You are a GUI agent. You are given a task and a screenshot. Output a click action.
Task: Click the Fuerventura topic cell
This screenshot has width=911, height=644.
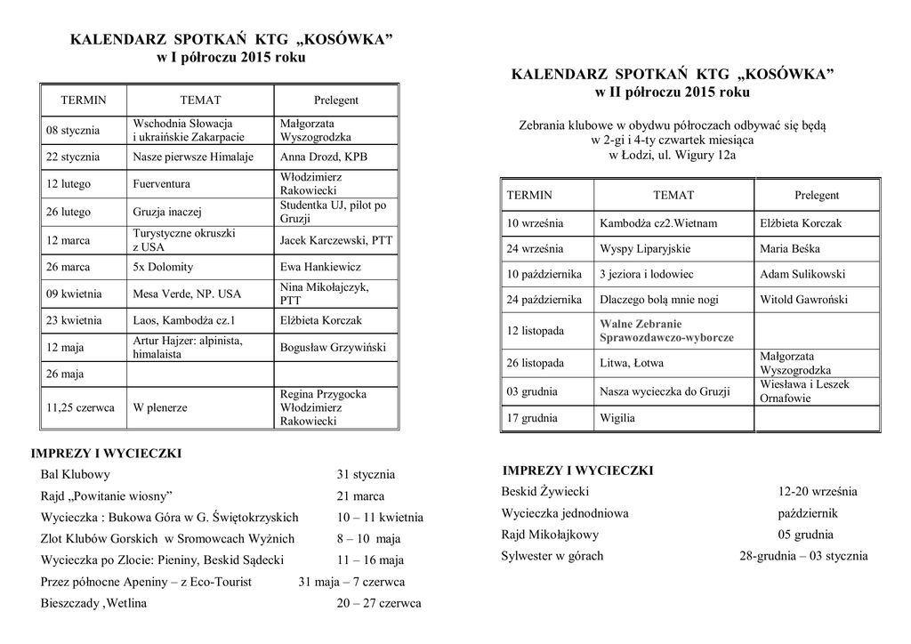[162, 184]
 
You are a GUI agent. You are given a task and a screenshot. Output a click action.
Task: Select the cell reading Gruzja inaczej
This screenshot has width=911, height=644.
[168, 213]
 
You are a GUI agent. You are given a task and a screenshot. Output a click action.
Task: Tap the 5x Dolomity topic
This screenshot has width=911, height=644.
[163, 267]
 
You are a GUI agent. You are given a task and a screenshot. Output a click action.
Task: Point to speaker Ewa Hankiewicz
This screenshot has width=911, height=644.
[320, 267]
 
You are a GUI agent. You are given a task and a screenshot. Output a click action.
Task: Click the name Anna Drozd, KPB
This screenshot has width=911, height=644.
[323, 157]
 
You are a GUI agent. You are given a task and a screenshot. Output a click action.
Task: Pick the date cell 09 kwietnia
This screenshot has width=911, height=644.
[74, 294]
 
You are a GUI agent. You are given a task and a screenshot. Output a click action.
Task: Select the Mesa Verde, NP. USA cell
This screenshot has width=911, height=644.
[187, 294]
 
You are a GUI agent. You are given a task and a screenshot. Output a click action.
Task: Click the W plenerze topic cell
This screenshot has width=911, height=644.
[160, 408]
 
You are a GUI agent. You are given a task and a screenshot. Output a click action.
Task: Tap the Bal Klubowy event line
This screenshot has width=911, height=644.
[76, 474]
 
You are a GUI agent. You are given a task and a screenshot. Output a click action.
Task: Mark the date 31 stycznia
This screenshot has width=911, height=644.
[366, 474]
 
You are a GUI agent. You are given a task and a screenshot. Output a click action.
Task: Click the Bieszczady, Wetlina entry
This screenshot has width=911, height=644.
[94, 602]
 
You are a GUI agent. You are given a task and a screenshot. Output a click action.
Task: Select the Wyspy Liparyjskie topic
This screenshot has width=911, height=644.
[645, 249]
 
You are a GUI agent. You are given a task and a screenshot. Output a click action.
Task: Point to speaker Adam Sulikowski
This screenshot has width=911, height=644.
[802, 275]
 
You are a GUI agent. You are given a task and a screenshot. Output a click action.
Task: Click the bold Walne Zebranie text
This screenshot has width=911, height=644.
[641, 325]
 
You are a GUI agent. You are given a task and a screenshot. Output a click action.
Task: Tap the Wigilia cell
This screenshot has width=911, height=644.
[617, 417]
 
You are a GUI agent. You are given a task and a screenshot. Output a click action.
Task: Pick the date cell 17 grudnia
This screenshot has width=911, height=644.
[532, 417]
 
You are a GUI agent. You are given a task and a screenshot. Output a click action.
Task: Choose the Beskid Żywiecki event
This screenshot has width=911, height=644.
[545, 491]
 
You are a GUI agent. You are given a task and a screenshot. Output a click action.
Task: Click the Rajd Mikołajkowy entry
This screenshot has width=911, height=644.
[550, 535]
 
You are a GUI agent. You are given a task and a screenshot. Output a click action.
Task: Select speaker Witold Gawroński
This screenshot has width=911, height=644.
[803, 300]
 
